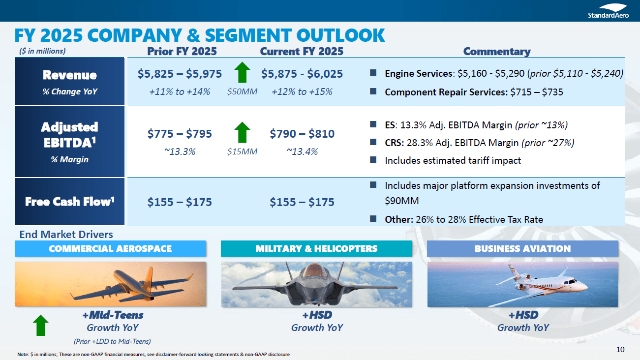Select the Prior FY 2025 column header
click(x=182, y=51)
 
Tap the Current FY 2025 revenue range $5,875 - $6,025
click(x=302, y=74)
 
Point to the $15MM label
click(x=242, y=152)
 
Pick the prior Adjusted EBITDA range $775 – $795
click(x=180, y=134)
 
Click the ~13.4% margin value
click(x=302, y=151)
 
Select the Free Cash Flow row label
click(x=70, y=202)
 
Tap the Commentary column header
click(x=496, y=51)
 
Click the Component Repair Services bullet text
click(x=474, y=92)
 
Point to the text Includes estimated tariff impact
click(x=453, y=160)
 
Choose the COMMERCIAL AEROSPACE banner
click(x=110, y=249)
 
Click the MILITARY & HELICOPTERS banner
click(x=316, y=249)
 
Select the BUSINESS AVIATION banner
click(x=522, y=249)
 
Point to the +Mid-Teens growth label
click(x=112, y=315)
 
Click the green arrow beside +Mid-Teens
click(x=40, y=326)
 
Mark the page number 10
click(x=620, y=350)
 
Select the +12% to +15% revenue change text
click(x=302, y=91)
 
